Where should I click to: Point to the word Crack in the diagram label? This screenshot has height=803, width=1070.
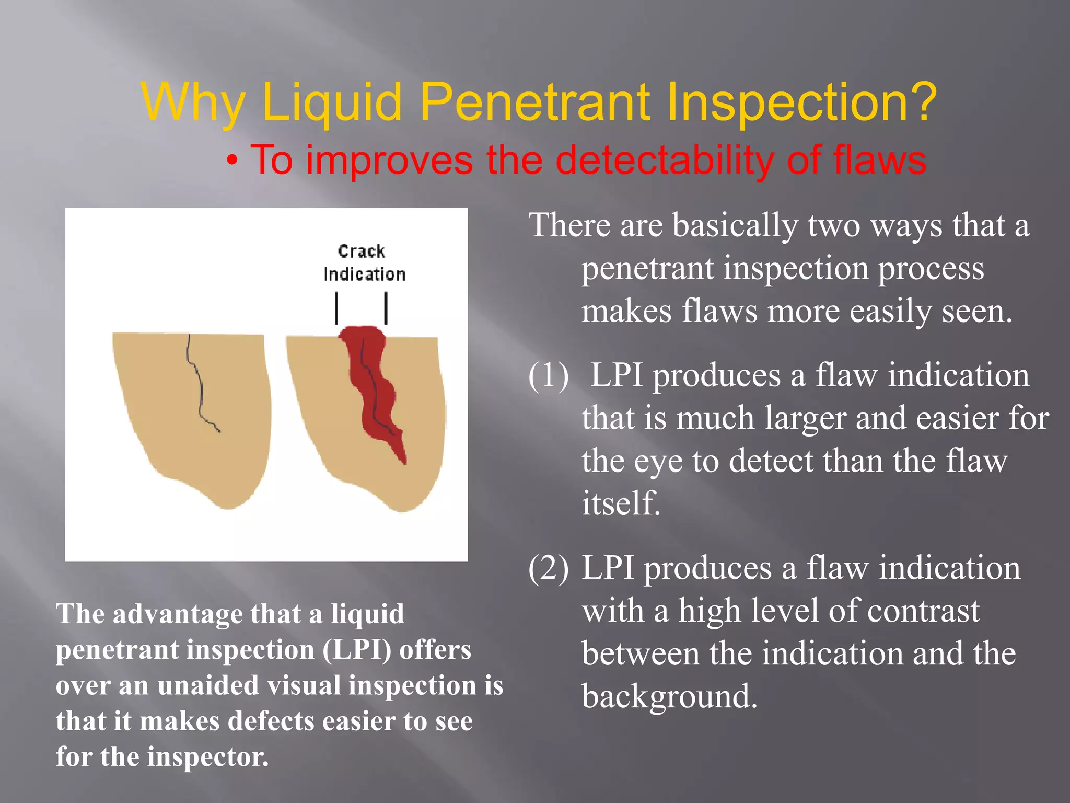[361, 251]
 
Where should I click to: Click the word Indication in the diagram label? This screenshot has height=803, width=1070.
[364, 274]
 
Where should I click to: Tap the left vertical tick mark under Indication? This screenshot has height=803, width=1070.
[337, 308]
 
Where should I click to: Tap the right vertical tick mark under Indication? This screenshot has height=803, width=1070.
[386, 308]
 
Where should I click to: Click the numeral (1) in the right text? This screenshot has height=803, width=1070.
[548, 375]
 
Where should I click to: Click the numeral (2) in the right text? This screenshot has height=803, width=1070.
[548, 568]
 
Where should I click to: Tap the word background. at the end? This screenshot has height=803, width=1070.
[669, 696]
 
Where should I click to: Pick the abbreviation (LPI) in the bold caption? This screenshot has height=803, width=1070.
[357, 650]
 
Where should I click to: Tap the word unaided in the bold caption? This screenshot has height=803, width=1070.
[207, 685]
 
